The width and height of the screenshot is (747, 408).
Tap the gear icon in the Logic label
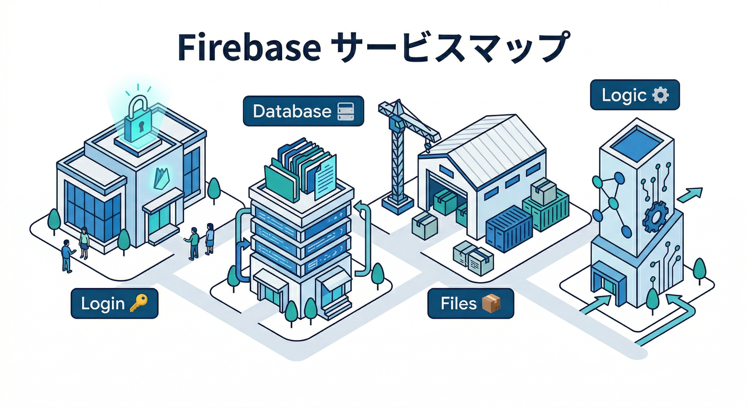(x=660, y=96)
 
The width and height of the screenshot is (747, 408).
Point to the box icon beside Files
(x=491, y=303)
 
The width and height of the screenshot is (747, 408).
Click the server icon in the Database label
(x=349, y=111)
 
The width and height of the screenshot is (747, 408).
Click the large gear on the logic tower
(x=655, y=218)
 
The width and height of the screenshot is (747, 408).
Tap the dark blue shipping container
(x=509, y=228)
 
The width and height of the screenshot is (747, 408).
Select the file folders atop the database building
(x=301, y=166)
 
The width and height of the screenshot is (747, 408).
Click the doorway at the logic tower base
(x=606, y=282)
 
